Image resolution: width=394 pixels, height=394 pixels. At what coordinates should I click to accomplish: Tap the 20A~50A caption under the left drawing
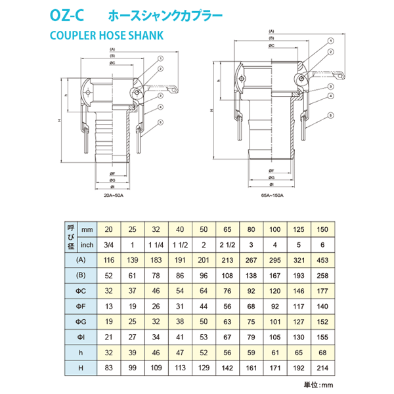coord(116,196)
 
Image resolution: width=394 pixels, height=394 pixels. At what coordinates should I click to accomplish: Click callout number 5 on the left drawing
coord(160,122)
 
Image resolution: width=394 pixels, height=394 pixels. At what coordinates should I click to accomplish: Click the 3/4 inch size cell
coord(109,246)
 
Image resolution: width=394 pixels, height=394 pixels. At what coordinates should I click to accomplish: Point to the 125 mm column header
coord(299,230)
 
